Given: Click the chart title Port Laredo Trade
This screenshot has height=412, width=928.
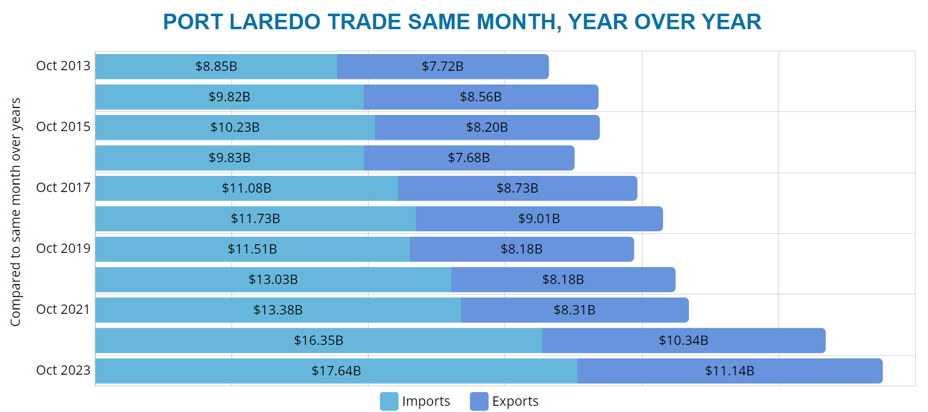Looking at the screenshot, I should pos(462,22).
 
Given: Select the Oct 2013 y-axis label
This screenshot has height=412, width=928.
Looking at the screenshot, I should pos(63,66).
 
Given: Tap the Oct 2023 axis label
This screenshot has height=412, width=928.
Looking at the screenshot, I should pos(63,370).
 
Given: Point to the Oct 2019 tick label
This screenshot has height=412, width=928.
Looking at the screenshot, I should pos(63,249).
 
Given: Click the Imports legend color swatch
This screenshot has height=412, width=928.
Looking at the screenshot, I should pos(389,401).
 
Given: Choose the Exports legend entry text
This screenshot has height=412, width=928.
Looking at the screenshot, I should pos(515,401).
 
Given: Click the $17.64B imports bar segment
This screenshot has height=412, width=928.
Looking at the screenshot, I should pos(336,371).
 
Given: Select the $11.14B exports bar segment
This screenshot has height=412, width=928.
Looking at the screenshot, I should pos(729,371).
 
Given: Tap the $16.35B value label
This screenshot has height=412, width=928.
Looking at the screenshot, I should pos(318,341).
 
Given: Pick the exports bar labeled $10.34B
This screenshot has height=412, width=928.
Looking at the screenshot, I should pos(683,341).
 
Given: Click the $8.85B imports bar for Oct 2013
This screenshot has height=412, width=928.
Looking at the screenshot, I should pos(216,66).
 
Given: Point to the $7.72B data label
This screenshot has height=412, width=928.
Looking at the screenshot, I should pos(443,66).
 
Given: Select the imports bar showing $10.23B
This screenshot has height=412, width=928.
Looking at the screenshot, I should pos(235,127).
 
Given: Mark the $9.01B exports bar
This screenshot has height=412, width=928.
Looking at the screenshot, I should pos(539,219).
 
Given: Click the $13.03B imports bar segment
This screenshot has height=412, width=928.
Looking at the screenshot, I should pos(273,280).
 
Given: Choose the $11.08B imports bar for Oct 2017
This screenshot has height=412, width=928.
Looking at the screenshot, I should pos(246,188).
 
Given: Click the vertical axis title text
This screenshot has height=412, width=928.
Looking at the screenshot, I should pos(16,211).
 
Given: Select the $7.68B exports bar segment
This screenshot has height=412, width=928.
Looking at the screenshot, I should pos(469,158).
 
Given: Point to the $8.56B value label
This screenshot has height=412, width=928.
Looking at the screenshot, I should pos(480,97).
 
